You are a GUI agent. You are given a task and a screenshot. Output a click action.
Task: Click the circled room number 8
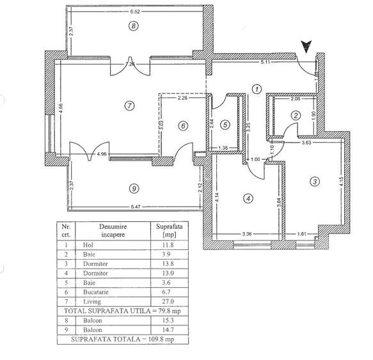click(x=133, y=26)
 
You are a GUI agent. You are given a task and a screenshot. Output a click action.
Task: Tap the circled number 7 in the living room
click(x=130, y=106)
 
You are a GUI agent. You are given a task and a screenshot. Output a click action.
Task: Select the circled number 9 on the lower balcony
click(x=133, y=188)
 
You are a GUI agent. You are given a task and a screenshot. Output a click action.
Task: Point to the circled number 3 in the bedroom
click(x=314, y=181)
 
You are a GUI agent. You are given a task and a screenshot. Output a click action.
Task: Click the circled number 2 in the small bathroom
click(x=295, y=116)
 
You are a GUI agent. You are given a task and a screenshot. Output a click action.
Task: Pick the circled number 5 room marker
click(x=225, y=124)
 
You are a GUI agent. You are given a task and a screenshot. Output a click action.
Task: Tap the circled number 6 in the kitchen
click(x=183, y=126)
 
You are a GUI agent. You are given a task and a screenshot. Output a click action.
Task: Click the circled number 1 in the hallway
click(x=257, y=90)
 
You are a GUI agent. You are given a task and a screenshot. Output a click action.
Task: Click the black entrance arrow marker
click(x=306, y=45)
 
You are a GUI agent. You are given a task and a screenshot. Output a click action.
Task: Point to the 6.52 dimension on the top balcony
click(x=135, y=12)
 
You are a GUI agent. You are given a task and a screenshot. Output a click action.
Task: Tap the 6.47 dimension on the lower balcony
click(x=136, y=207)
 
